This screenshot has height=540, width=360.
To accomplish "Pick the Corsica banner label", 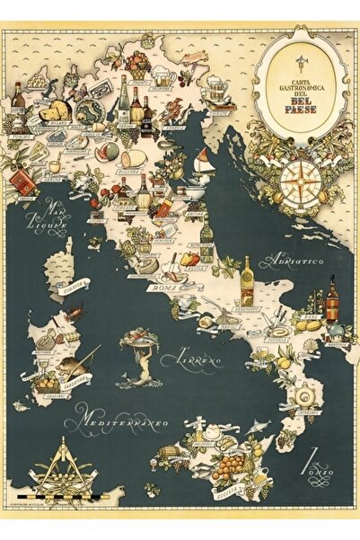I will [x=73, y=288].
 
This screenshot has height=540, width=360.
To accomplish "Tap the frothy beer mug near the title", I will [x=215, y=87].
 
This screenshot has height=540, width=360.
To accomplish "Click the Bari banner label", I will [x=312, y=316].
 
